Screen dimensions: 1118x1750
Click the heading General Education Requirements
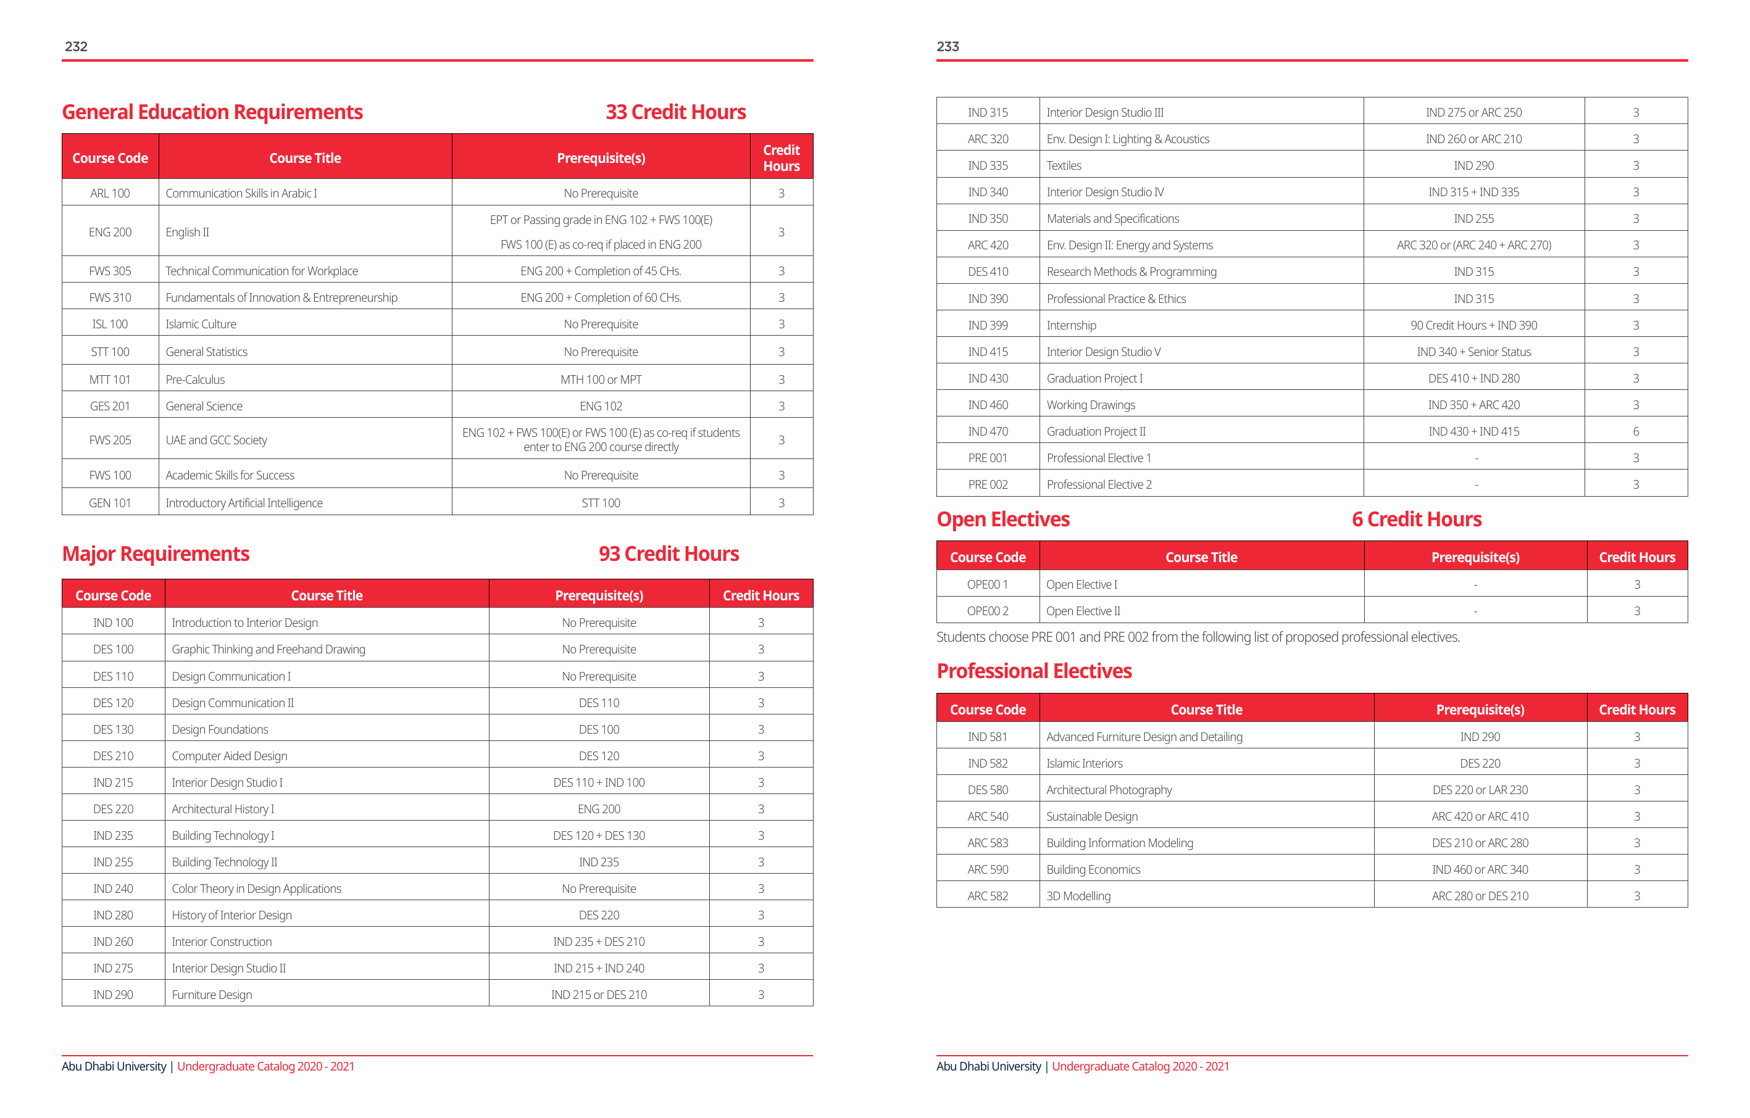(212, 112)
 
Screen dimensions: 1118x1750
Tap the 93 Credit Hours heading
(669, 553)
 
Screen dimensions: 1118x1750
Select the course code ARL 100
(110, 193)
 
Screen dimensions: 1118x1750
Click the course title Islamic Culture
(201, 324)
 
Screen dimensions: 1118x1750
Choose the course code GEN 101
(110, 503)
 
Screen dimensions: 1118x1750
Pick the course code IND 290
(114, 995)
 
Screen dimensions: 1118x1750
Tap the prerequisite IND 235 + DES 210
(599, 942)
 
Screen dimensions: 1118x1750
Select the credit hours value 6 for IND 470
(1636, 431)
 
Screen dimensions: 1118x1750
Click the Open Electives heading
(1003, 520)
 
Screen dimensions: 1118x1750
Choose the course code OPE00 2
(988, 611)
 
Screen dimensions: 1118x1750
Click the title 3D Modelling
(1078, 896)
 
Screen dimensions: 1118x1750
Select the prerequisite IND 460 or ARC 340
(1480, 869)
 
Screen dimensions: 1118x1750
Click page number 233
(948, 46)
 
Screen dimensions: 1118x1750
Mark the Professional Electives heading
(1034, 671)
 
